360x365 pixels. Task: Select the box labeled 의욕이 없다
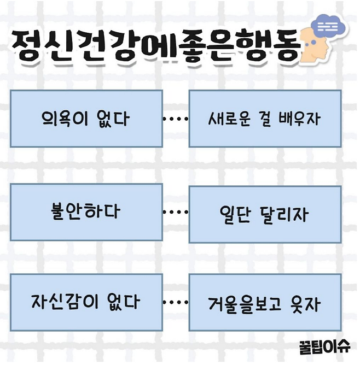coord(86,119)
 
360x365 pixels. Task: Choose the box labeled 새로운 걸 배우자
coord(265,119)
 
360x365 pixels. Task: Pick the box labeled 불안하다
coord(86,212)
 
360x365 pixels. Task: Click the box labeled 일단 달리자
coord(265,214)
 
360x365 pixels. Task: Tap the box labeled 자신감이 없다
coord(86,302)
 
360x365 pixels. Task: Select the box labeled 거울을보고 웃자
coord(265,302)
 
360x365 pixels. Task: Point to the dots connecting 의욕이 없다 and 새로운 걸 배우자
coord(175,119)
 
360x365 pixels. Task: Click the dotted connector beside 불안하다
coord(175,213)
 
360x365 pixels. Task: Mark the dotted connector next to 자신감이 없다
coord(175,302)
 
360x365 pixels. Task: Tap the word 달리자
coord(285,214)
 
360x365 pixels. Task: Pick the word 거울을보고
coord(246,303)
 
